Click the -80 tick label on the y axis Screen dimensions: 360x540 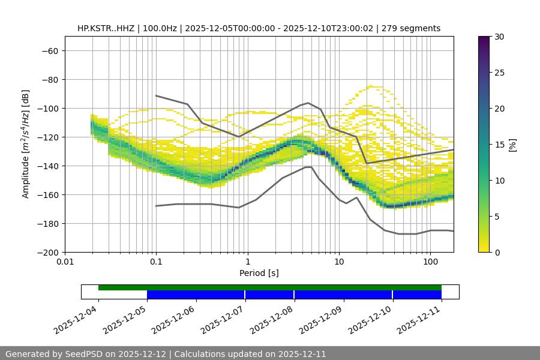point(49,79)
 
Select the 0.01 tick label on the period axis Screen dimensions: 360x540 point(65,262)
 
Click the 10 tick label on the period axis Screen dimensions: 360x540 point(338,262)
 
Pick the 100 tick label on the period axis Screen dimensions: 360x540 point(430,262)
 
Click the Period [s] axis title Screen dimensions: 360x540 point(259,273)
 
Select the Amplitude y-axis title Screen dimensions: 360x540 point(25,144)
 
